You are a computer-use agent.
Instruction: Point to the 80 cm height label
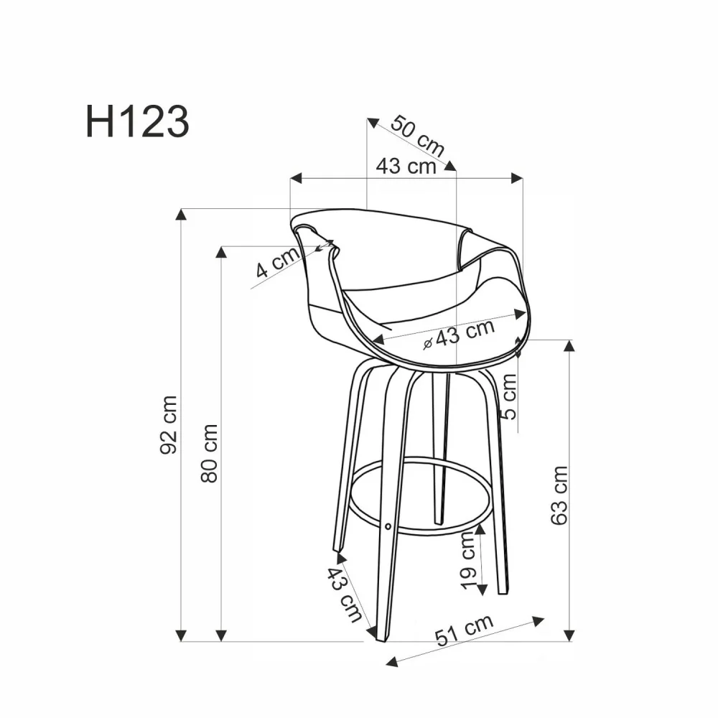(209, 452)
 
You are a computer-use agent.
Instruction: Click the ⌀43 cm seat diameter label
(460, 334)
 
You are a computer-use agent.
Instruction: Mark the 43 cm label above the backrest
(406, 166)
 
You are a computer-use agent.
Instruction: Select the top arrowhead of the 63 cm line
(569, 345)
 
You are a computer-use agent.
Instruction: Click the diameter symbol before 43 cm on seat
(428, 344)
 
